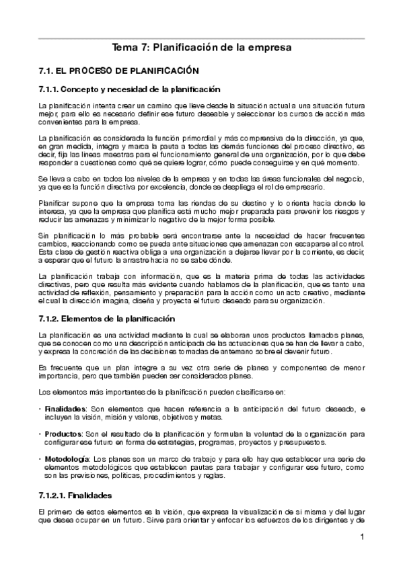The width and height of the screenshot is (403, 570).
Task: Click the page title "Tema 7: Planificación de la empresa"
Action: coord(201,48)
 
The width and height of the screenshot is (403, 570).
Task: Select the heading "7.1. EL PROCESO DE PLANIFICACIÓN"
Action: coord(120,70)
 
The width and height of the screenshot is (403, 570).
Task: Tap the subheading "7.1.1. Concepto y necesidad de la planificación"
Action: coord(129,89)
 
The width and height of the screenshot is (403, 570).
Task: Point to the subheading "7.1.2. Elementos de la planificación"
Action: coord(107,319)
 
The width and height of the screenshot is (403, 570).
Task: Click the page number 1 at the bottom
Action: coord(362,536)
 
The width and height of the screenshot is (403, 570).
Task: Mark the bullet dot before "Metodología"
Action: coord(40,458)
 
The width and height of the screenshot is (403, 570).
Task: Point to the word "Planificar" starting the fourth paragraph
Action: coord(54,202)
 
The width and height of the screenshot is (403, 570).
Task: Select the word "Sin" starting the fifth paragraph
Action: coord(44,235)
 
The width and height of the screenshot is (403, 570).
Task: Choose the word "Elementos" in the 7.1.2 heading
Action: coord(87,319)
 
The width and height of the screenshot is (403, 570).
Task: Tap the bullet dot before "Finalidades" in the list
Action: coord(40,409)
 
